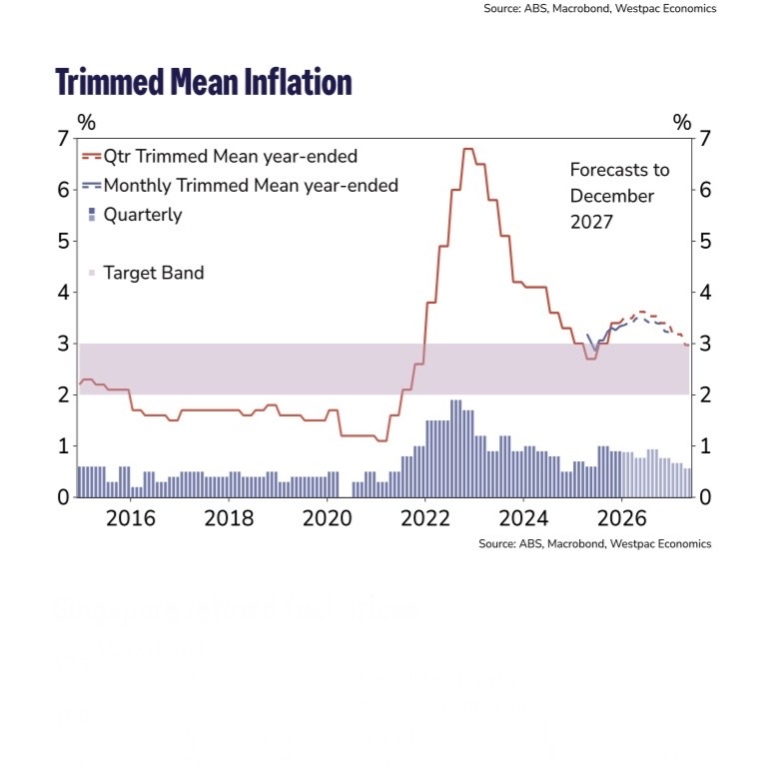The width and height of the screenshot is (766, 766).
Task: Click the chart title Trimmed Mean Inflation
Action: [203, 81]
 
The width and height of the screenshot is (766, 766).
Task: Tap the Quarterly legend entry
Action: [142, 214]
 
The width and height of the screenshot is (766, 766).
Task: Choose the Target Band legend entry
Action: [153, 273]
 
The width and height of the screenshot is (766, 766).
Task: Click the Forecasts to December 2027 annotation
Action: [619, 196]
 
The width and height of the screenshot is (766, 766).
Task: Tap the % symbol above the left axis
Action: [87, 122]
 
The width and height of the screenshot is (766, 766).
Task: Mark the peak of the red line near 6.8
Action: [467, 149]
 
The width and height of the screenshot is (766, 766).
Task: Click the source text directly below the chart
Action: [594, 543]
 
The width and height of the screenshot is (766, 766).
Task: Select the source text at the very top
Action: [599, 8]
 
